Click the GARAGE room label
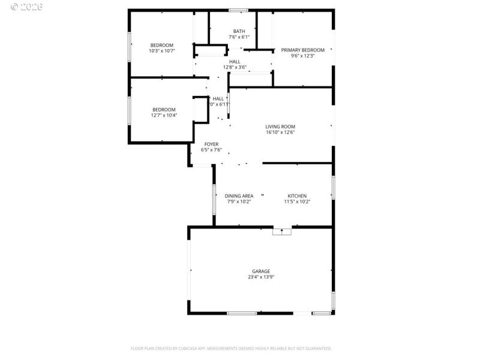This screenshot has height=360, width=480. pyautogui.click(x=260, y=271)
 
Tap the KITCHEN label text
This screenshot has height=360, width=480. pyautogui.click(x=297, y=196)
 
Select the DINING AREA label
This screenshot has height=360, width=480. pyautogui.click(x=239, y=196)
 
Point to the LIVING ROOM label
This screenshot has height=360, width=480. pyautogui.click(x=280, y=127)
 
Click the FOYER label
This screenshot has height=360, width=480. pyautogui.click(x=211, y=144)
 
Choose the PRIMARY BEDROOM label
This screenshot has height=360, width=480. pyautogui.click(x=303, y=50)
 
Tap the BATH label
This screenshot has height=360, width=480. pyautogui.click(x=239, y=31)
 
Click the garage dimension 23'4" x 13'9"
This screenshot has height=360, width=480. pyautogui.click(x=260, y=277)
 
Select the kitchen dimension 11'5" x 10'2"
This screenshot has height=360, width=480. pyautogui.click(x=297, y=202)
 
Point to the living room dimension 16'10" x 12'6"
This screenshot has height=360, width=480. pyautogui.click(x=280, y=133)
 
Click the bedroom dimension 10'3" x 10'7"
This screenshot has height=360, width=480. pyautogui.click(x=161, y=51)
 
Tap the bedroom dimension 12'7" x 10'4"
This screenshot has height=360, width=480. pyautogui.click(x=164, y=115)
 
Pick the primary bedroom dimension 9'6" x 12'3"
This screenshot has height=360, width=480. pyautogui.click(x=303, y=56)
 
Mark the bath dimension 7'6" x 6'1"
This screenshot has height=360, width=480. pyautogui.click(x=239, y=37)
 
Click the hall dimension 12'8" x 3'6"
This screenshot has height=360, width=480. pyautogui.click(x=235, y=67)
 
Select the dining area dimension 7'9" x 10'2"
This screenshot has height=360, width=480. pyautogui.click(x=239, y=202)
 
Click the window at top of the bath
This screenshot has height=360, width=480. pyautogui.click(x=239, y=10)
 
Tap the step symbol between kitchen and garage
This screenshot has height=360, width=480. pyautogui.click(x=281, y=231)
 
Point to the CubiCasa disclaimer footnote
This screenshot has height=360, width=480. pyautogui.click(x=231, y=348)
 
